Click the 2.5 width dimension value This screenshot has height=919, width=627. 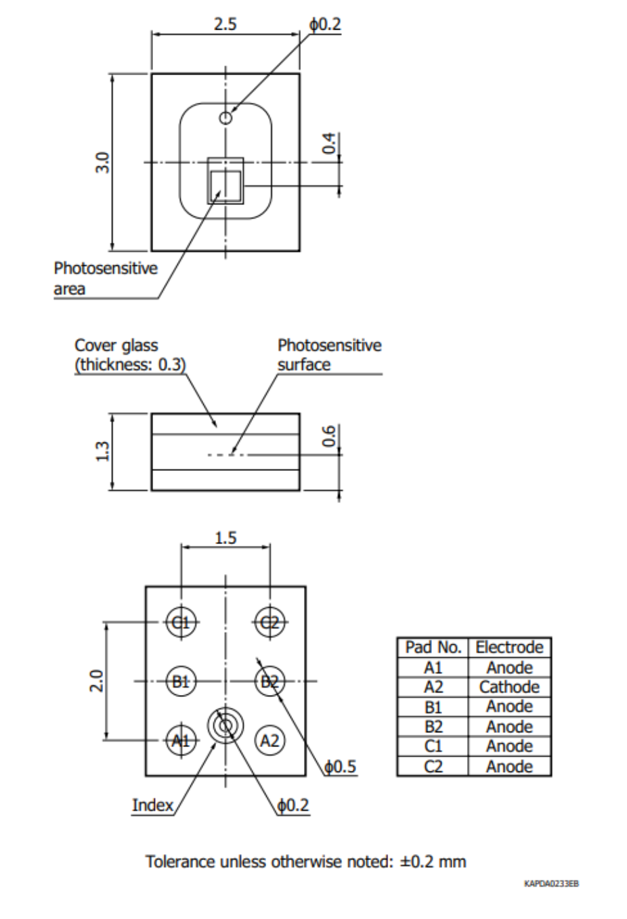click(x=225, y=24)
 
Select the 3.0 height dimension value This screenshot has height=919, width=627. click(x=102, y=162)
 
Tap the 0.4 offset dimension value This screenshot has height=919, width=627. click(x=329, y=143)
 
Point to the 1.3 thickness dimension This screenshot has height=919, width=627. click(x=102, y=451)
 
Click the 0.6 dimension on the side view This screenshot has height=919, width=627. click(x=329, y=436)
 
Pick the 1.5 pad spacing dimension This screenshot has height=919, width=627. click(x=225, y=537)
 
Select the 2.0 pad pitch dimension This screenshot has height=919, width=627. click(x=97, y=681)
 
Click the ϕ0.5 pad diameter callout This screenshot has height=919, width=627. click(x=340, y=766)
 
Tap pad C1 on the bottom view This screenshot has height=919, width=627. click(x=181, y=623)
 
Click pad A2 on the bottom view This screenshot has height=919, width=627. click(x=269, y=740)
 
